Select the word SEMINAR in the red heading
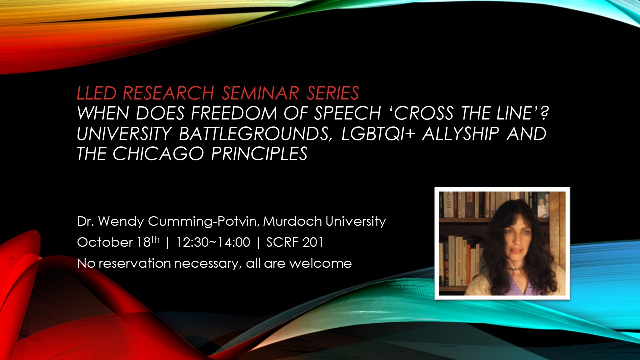[260, 93]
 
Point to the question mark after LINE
[545, 113]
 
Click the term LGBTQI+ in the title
[378, 133]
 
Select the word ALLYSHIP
[460, 133]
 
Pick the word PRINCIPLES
[259, 154]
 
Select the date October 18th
[118, 242]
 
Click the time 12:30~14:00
[213, 242]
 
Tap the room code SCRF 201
[295, 242]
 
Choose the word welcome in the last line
[321, 263]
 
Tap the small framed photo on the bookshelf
[543, 205]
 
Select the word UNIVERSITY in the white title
[124, 133]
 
